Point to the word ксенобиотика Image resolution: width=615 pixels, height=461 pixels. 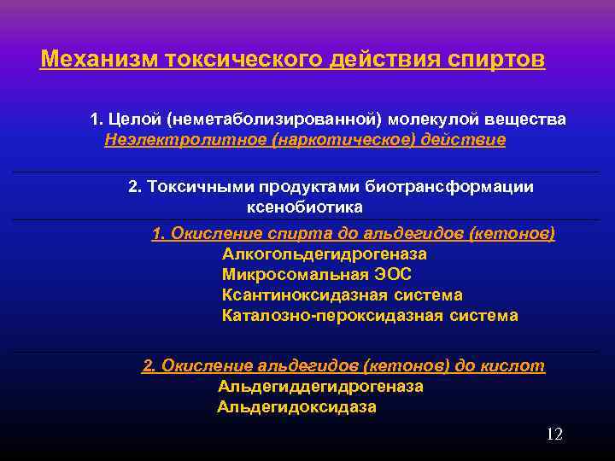pyautogui.click(x=305, y=207)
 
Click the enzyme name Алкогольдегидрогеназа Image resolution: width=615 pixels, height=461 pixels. pyautogui.click(x=325, y=254)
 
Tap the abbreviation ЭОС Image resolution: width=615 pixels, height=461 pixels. pyautogui.click(x=393, y=274)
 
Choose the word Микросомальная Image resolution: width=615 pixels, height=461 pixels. pyautogui.click(x=296, y=274)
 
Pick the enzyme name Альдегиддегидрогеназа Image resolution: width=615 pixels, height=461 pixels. pyautogui.click(x=320, y=386)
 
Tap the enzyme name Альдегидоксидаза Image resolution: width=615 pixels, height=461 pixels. pyautogui.click(x=296, y=406)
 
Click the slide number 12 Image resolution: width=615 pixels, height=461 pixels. pyautogui.click(x=554, y=435)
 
